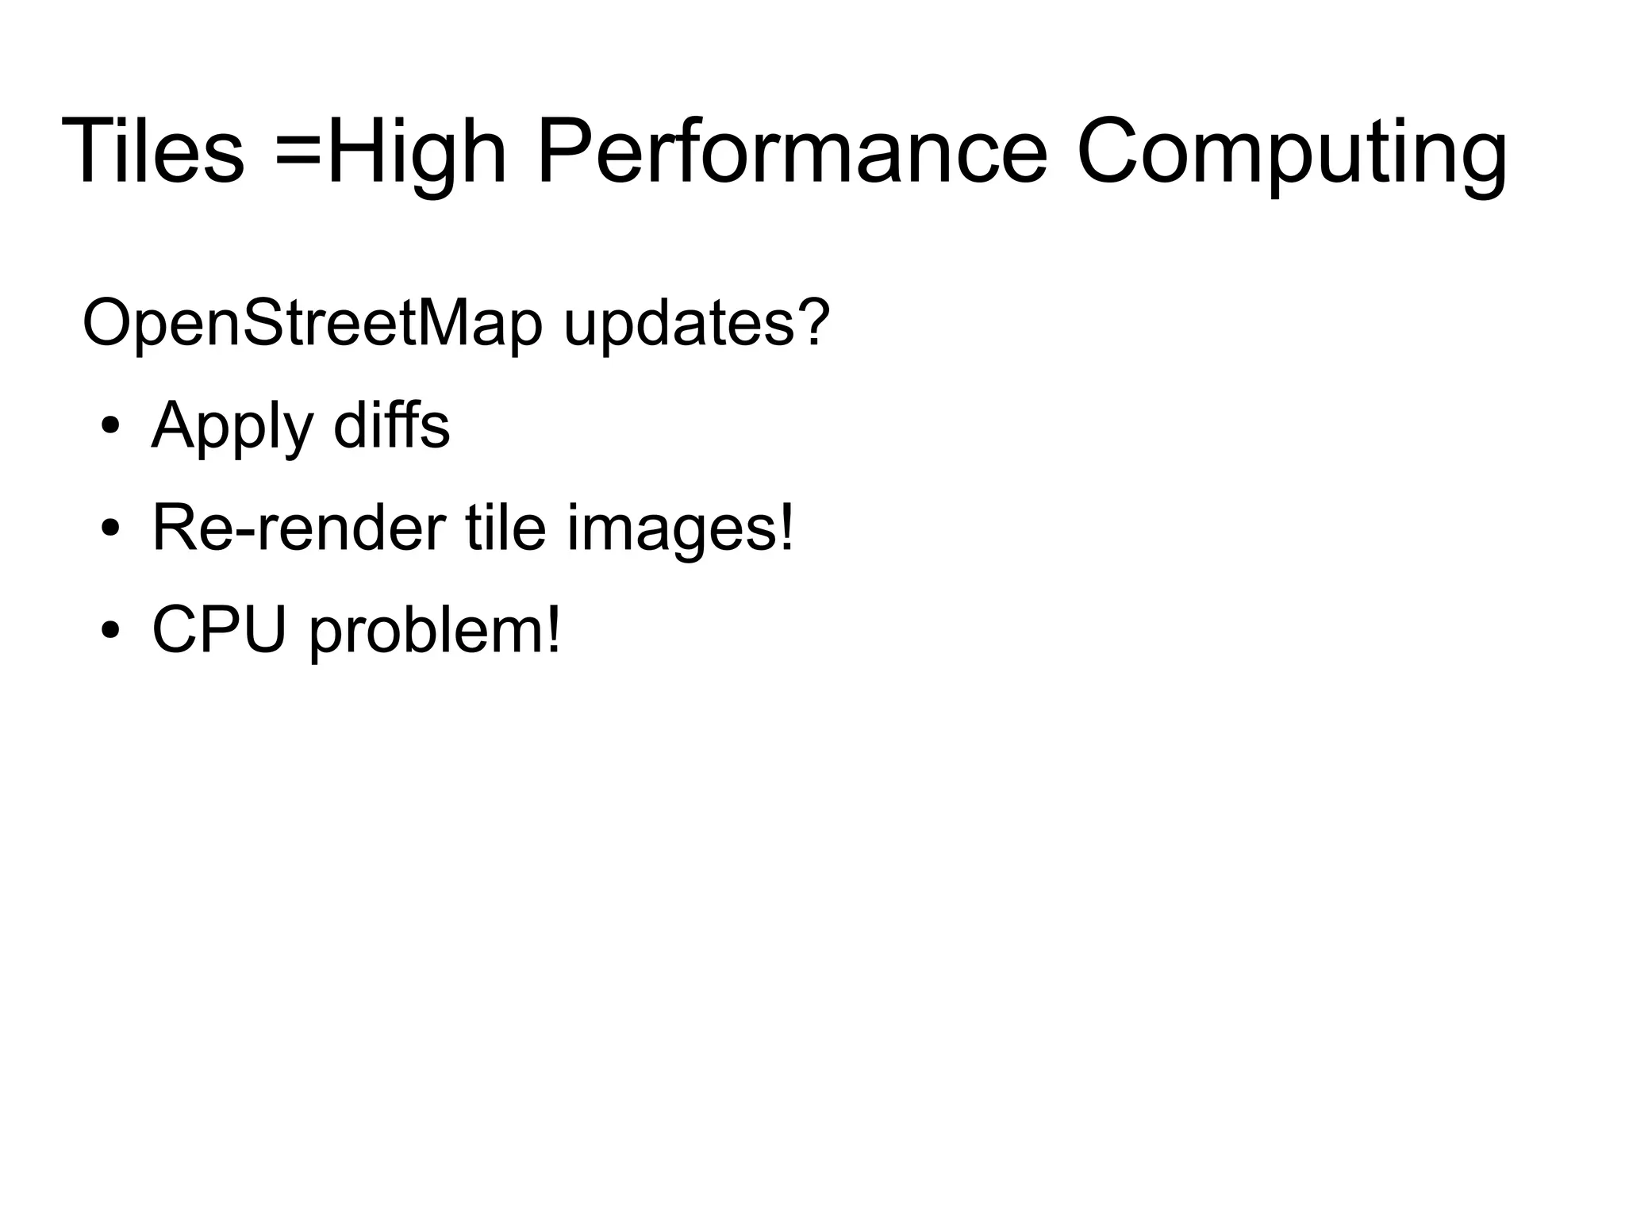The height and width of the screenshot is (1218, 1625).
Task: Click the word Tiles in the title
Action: [x=152, y=151]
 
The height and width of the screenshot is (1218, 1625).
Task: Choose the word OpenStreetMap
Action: [x=313, y=324]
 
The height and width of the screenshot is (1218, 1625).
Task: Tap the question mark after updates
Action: [x=814, y=322]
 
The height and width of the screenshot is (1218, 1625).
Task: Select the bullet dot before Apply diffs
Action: [x=110, y=427]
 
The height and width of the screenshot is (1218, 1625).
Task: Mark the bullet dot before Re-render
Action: [x=110, y=528]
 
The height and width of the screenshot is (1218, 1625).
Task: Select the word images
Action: [x=671, y=530]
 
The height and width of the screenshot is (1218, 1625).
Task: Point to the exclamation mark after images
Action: [x=786, y=527]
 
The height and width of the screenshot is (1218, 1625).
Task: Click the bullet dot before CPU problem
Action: [x=110, y=630]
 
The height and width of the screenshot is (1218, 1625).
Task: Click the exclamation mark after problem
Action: [x=553, y=629]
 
